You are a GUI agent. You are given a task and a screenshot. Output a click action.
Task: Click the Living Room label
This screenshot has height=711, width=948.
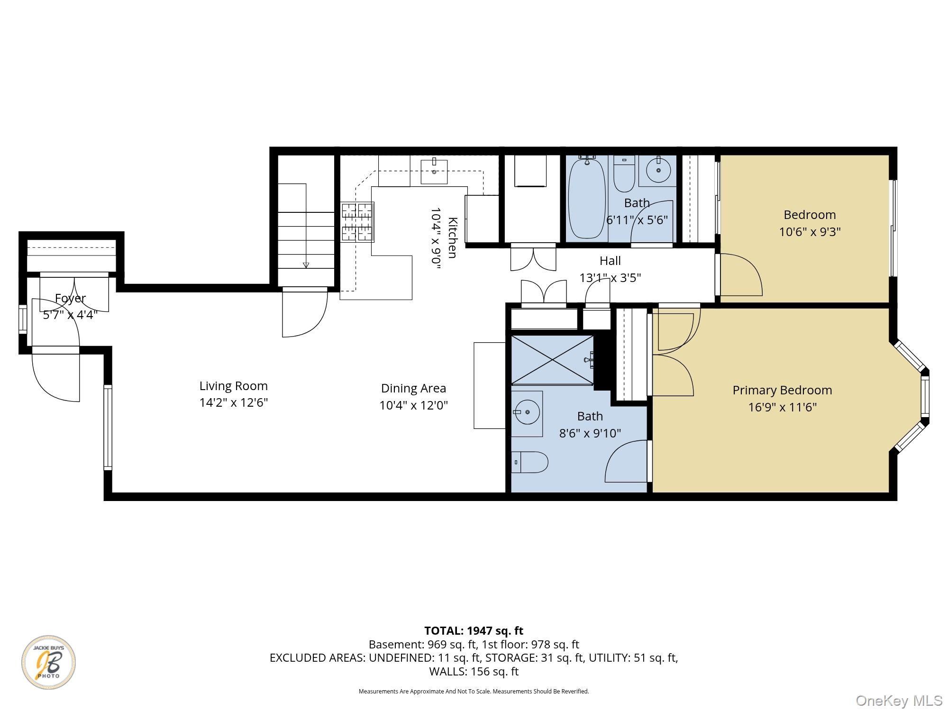click(x=234, y=386)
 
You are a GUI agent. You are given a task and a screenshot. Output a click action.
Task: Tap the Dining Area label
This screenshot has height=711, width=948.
click(x=413, y=388)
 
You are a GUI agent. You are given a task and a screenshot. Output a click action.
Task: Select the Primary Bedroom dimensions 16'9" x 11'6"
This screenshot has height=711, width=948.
click(x=783, y=407)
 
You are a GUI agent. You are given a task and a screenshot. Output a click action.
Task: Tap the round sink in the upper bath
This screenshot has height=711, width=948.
click(x=658, y=170)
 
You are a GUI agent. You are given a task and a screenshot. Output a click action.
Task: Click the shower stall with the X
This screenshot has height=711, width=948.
click(x=553, y=359)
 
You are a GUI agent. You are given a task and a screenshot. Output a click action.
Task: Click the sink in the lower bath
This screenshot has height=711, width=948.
click(x=527, y=413)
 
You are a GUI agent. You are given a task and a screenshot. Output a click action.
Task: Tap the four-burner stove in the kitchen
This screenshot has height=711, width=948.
click(x=357, y=222)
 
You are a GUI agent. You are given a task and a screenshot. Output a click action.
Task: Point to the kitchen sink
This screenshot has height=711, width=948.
click(x=434, y=171)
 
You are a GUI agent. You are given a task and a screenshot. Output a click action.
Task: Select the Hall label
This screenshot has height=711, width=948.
click(x=610, y=261)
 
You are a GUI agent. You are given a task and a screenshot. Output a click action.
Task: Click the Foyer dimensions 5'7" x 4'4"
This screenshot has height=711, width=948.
click(x=70, y=315)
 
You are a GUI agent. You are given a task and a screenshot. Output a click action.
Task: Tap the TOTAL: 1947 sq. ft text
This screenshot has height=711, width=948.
click(x=474, y=631)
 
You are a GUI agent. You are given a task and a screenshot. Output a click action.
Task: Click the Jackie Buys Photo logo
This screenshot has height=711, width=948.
click(x=48, y=662)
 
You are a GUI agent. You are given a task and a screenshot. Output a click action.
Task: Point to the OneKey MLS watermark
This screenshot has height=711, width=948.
click(x=899, y=700)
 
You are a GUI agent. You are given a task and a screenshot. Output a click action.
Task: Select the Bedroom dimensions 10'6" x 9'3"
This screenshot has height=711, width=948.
click(x=810, y=232)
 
